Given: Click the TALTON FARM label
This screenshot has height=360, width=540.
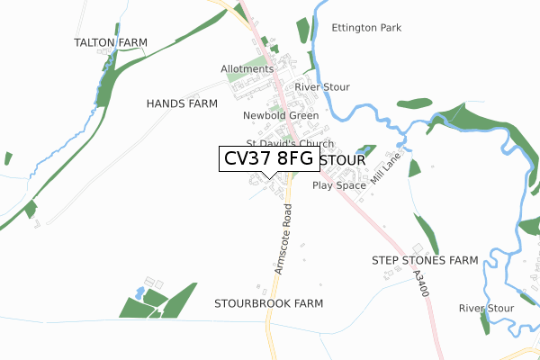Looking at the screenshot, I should (111, 42).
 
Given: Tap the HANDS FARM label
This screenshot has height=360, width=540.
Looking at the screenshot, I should (182, 104).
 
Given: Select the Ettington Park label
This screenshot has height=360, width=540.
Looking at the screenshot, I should (366, 28).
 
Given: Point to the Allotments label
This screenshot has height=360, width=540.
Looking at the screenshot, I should (247, 69).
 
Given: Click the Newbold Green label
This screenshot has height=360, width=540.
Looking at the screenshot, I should (281, 116).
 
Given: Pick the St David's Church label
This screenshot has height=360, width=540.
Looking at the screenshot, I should (290, 144).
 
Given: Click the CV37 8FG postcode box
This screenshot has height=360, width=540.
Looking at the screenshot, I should (269, 158).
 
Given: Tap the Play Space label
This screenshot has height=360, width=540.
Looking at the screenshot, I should (339, 185).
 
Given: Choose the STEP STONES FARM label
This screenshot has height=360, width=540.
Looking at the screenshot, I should (425, 260).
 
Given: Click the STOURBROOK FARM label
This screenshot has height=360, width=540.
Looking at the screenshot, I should (268, 303).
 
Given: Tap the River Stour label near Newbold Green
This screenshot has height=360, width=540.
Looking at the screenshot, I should (322, 87).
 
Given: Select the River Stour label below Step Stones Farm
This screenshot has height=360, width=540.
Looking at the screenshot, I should (486, 309).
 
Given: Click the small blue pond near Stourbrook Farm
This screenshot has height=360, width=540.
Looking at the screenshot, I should (139, 293).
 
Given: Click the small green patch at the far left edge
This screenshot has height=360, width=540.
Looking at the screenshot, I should (8, 158).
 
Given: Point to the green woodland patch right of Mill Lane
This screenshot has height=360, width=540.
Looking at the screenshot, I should (414, 167).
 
